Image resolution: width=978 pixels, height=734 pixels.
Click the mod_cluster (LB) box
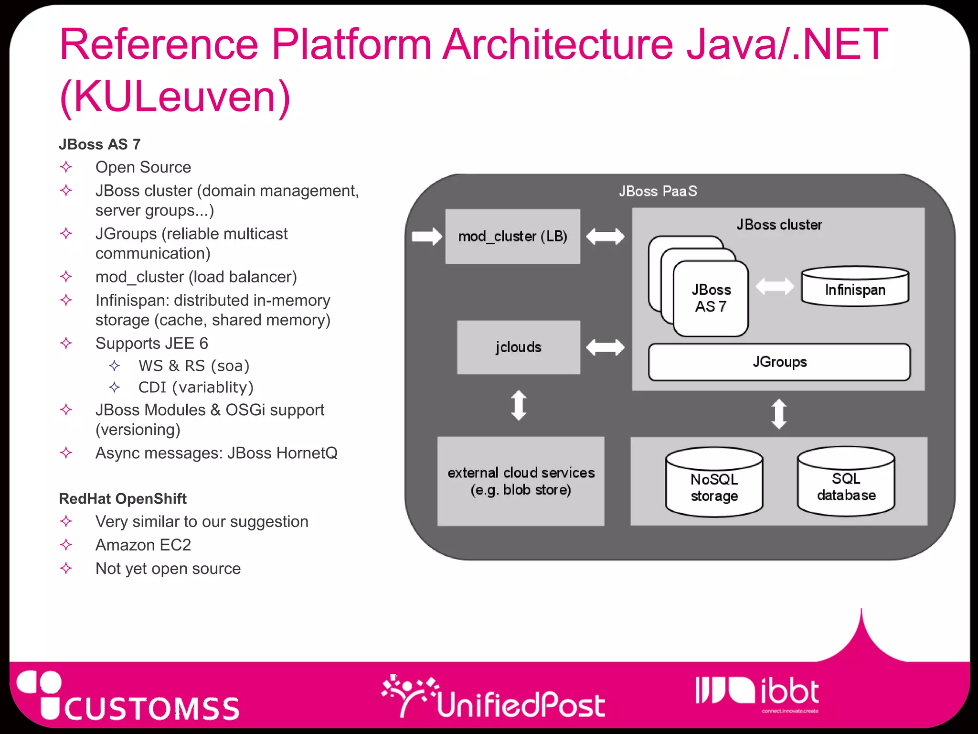(512, 236)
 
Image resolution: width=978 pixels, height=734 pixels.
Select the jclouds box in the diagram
(518, 347)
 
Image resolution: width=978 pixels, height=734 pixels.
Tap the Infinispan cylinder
(855, 287)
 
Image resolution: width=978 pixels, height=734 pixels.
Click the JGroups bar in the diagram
(779, 362)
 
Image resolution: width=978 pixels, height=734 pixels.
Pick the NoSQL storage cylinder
(714, 483)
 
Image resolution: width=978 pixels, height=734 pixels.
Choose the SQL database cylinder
(846, 482)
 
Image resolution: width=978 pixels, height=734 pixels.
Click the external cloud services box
(521, 481)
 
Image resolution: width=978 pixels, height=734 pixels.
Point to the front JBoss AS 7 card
(711, 298)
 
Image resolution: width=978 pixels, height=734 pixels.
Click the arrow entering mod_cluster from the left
(426, 236)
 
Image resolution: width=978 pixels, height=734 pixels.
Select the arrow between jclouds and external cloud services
(519, 405)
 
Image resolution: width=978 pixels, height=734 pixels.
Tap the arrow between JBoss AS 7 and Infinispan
(775, 287)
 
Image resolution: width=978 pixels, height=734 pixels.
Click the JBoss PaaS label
(658, 191)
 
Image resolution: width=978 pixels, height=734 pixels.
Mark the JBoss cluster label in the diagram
(779, 225)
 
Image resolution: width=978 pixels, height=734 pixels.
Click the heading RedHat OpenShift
(122, 498)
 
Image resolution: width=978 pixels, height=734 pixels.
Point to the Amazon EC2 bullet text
(143, 545)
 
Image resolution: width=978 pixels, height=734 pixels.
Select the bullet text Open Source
(143, 167)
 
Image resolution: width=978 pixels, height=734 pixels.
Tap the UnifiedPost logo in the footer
(494, 698)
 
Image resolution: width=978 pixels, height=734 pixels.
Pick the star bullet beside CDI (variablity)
(114, 387)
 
